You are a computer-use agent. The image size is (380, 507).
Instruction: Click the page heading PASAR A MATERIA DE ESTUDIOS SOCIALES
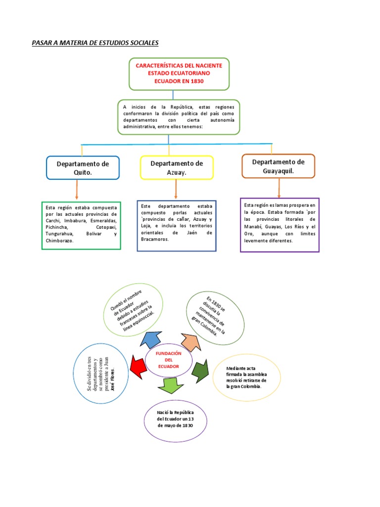pos(95,43)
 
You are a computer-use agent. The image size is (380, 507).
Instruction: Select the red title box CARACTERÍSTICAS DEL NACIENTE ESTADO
pos(179,73)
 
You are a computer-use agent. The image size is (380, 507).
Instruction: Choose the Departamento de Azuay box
pos(177,167)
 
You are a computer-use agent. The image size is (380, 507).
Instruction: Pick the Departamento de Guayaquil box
pos(278,166)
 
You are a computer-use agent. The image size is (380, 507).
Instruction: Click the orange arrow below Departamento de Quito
pos(77,190)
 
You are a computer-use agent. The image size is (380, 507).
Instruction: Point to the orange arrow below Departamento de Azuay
pos(176,189)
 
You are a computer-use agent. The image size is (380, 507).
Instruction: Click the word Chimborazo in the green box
pos(59,240)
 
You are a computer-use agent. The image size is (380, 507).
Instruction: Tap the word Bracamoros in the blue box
pos(154,239)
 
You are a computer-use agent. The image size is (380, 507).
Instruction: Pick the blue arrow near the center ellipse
pos(152,339)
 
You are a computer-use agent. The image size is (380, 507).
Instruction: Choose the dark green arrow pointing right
pos(199,370)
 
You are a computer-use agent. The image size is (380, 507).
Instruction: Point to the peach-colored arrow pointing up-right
pos(189,342)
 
